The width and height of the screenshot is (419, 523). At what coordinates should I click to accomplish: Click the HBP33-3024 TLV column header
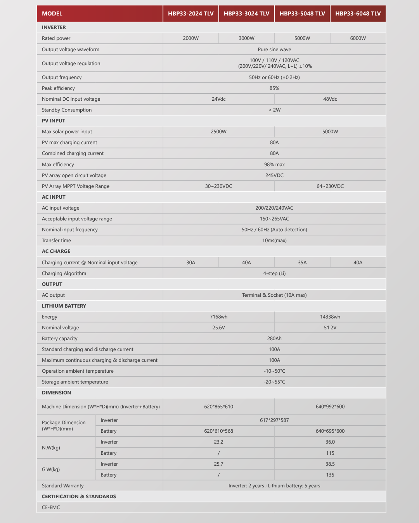pos(246,14)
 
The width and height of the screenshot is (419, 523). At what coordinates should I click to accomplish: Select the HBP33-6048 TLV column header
pos(358,14)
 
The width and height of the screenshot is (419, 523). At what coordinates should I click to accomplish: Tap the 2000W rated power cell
pos(190,38)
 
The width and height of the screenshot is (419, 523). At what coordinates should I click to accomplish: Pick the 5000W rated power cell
pos(302,38)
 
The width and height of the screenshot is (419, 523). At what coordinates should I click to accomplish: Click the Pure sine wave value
pos(274,50)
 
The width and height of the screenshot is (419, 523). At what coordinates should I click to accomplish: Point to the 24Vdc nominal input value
pos(218,99)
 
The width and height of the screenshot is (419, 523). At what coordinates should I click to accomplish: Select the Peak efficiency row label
pos(58,88)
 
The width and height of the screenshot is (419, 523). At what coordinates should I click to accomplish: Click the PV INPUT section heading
pos(54,121)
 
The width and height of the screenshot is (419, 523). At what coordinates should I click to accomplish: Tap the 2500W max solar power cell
pos(218,132)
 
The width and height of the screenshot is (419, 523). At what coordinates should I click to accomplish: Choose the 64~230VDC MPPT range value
pos(330,186)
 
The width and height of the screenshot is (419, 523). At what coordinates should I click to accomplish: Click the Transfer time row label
pos(56,241)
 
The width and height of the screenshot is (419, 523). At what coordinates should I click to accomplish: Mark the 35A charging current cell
pos(302,263)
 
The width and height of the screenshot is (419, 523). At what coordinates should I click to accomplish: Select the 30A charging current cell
pos(190,263)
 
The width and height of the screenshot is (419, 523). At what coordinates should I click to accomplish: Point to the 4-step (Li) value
pos(274,274)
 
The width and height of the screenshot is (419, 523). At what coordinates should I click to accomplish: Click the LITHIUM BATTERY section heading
pos(64,306)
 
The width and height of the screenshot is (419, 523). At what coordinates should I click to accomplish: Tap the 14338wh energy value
pos(330,317)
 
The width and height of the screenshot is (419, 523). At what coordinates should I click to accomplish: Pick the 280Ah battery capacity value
pos(274,339)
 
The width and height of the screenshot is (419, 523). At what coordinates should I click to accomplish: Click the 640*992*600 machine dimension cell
pos(330,407)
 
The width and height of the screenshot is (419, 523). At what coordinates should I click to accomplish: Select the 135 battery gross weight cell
pos(330,475)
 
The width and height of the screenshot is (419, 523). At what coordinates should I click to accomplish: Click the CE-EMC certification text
pos(51,508)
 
